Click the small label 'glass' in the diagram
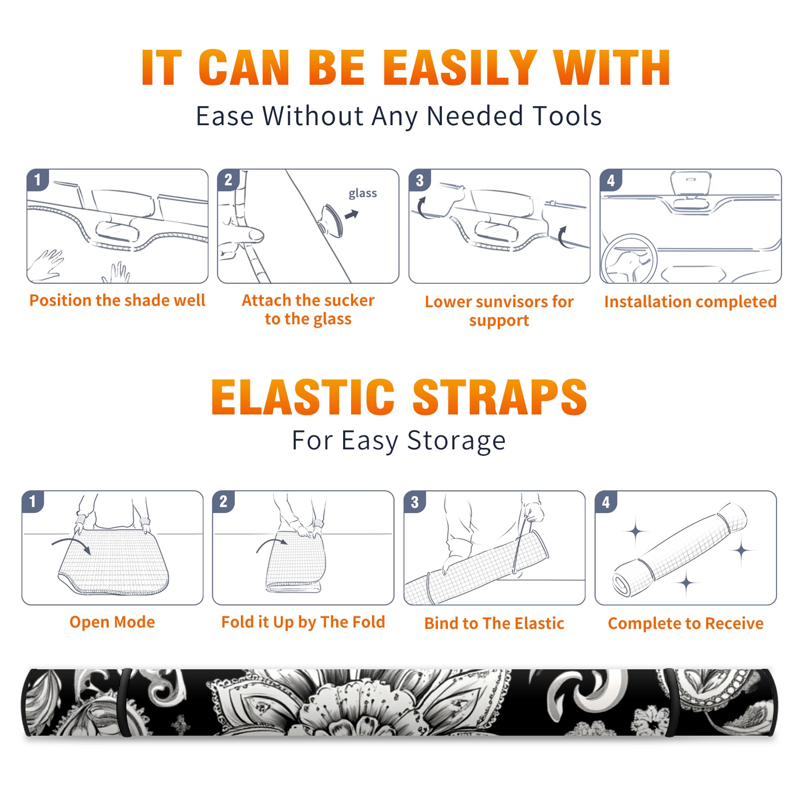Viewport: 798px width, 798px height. coord(363,194)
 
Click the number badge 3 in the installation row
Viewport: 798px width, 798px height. coord(419,180)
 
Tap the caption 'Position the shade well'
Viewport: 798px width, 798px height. coord(117,300)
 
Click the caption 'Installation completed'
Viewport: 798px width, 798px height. coord(690,302)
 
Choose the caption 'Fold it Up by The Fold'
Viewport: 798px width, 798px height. coord(303,622)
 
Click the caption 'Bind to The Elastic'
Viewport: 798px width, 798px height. coord(494,623)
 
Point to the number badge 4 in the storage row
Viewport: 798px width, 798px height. coord(606,502)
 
